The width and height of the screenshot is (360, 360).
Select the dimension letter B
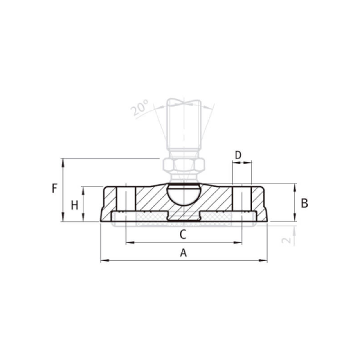tap(304, 203)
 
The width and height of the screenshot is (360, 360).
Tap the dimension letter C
tap(184, 233)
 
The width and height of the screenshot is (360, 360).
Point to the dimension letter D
tap(238, 155)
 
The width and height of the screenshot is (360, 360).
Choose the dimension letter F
tap(54, 188)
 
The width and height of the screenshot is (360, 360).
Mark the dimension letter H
tap(74, 205)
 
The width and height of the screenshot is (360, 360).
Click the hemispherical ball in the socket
tap(184, 194)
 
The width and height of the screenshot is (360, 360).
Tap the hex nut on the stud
tap(184, 165)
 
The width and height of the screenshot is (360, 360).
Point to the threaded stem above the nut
tap(184, 129)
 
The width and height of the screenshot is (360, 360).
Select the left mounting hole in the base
tap(127, 201)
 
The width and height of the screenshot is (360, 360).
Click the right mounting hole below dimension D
tap(241, 201)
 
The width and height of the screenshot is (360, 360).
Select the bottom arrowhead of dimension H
tap(83, 218)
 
